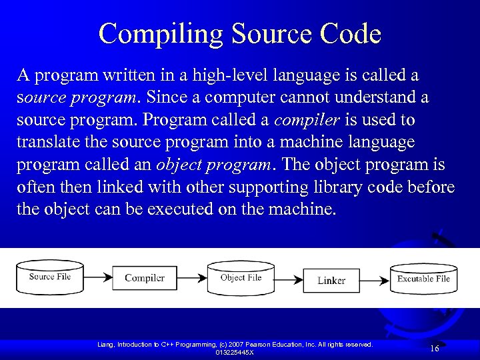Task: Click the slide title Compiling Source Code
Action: click(x=240, y=33)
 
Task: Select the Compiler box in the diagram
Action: click(x=145, y=278)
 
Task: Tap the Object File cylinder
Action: click(x=241, y=278)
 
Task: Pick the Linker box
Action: click(x=331, y=280)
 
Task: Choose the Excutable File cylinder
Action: click(x=423, y=279)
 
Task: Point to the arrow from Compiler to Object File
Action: click(x=193, y=277)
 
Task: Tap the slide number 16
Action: click(x=434, y=349)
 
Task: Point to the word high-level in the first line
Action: click(x=222, y=75)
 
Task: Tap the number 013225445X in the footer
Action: click(x=234, y=352)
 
